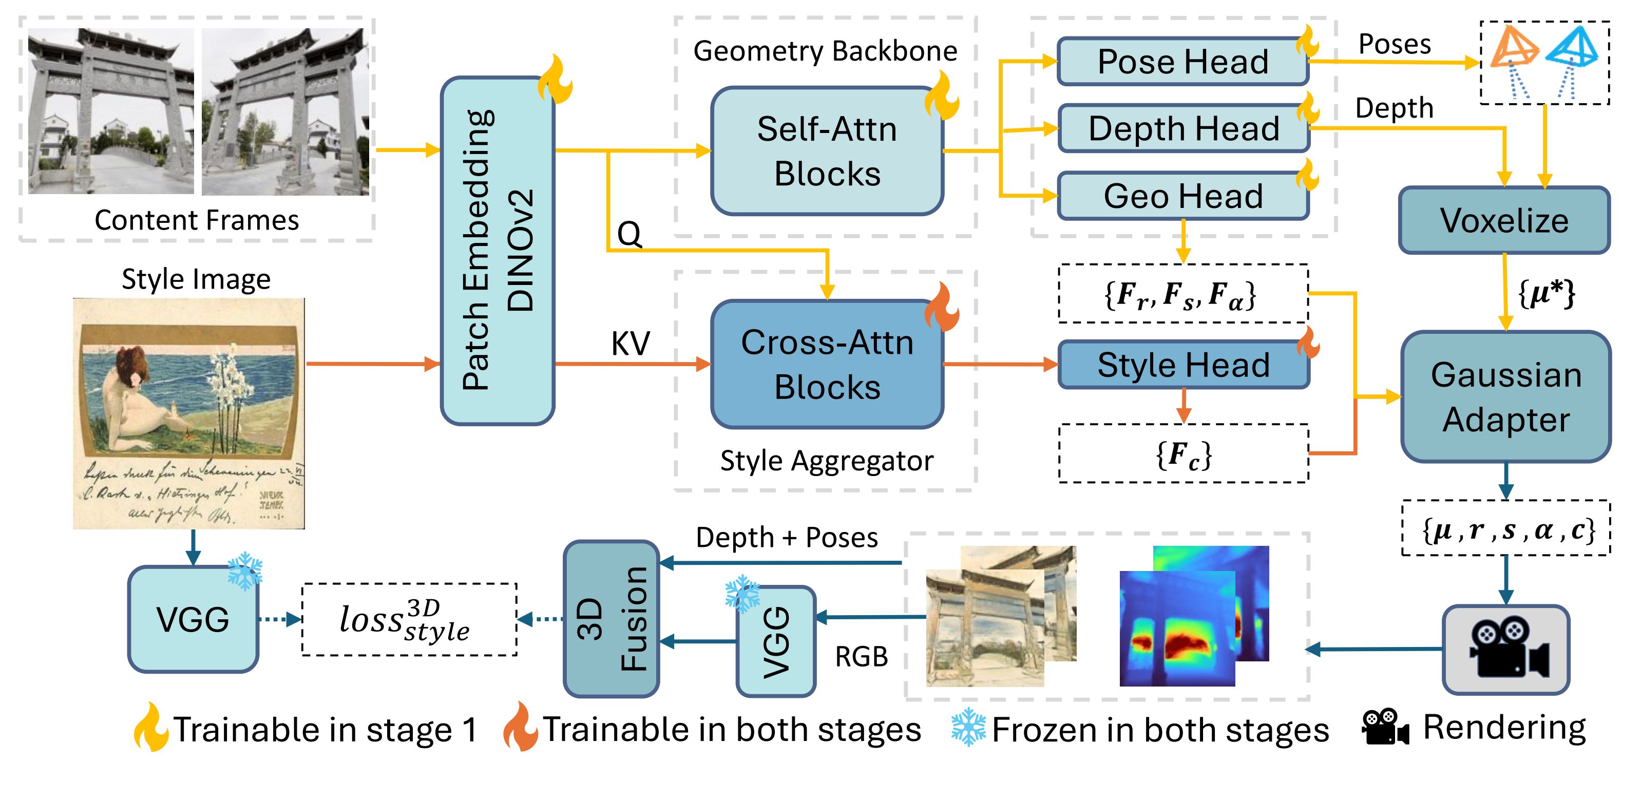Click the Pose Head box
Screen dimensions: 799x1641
1182,62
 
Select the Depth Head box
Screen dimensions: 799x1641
1184,129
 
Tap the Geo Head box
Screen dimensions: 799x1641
1183,196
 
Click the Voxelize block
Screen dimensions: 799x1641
1504,220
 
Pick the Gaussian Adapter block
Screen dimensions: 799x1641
1505,396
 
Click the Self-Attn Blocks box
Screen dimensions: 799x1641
827,151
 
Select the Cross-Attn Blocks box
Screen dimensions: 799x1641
827,365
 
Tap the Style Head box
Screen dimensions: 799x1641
1183,365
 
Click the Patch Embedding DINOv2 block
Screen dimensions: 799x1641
498,251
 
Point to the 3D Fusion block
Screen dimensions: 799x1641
611,619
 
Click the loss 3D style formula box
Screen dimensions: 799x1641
408,619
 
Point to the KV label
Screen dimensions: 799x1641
630,344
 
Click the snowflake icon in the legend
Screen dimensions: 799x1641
968,728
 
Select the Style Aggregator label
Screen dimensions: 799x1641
826,461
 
